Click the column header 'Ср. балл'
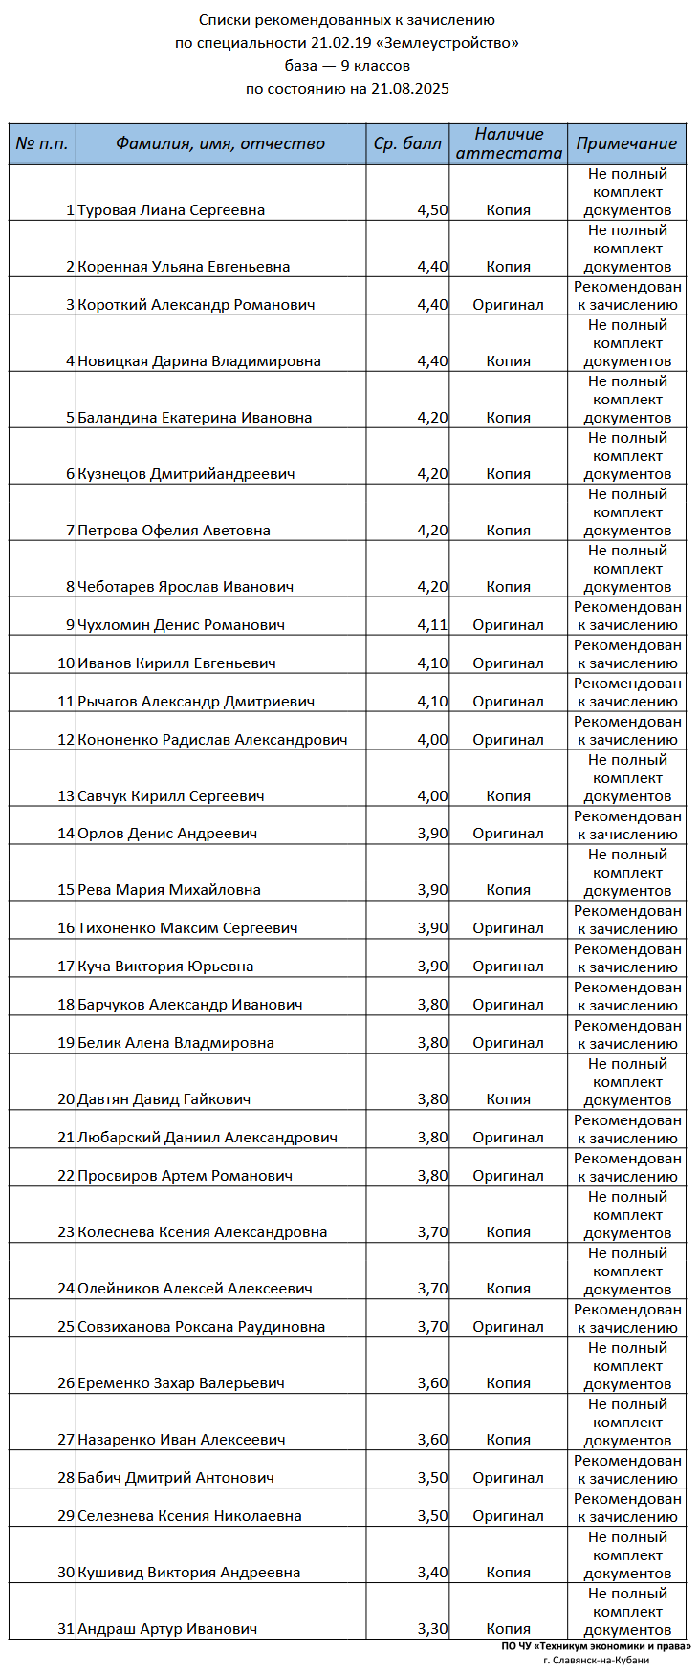pos(407,144)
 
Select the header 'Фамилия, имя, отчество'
pos(220,144)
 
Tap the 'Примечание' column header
pos(626,144)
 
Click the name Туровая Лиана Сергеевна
pos(171,210)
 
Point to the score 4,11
pos(432,625)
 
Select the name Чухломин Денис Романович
pos(181,625)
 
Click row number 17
pos(66,967)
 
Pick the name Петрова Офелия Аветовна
pos(174,531)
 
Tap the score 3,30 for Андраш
pos(432,1629)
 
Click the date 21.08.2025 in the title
pos(409,89)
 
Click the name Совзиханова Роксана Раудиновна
pos(201,1327)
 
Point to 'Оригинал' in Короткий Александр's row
pos(508,305)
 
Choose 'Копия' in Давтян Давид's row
pos(508,1099)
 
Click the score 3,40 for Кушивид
pos(432,1573)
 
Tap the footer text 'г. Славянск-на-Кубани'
pos(596,1660)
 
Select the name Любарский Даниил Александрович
pos(208,1138)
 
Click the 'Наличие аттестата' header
pos(509,143)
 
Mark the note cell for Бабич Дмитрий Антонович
pos(627,1469)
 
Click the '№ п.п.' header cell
pos(42,144)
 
